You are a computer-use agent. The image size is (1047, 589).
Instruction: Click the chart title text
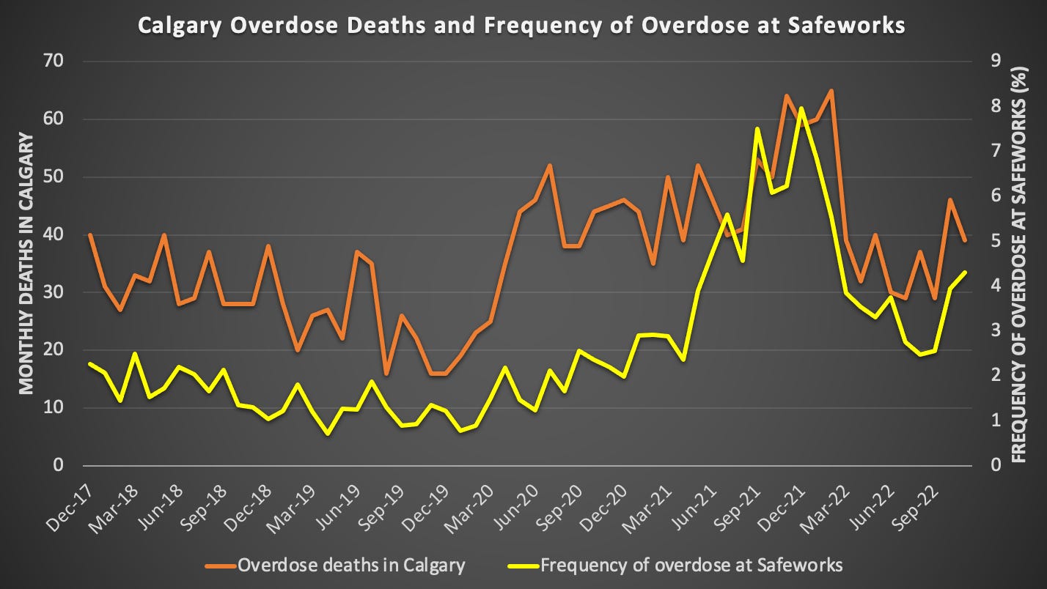[523, 26]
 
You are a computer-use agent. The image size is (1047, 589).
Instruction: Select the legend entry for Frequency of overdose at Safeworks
[675, 565]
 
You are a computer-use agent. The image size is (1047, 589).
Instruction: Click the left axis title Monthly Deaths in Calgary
[25, 264]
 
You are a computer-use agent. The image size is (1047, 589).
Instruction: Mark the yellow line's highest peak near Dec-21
[801, 108]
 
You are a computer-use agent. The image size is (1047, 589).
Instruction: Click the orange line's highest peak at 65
[831, 91]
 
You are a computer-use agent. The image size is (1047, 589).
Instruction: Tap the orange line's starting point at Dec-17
[89, 235]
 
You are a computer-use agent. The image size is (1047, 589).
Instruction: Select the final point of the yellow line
[966, 272]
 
